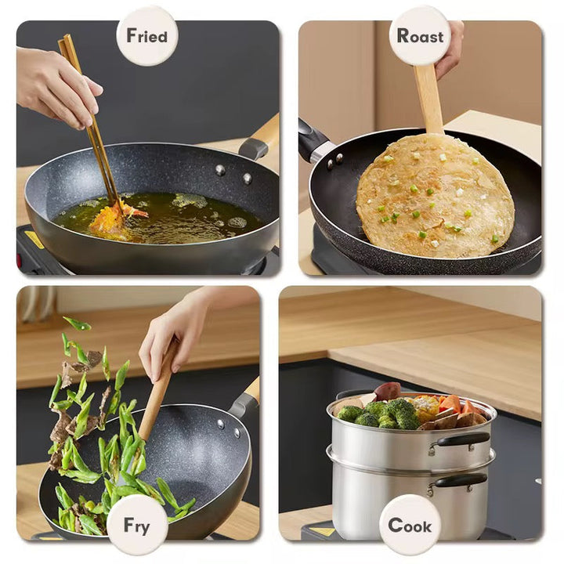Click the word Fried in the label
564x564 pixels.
pos(146,36)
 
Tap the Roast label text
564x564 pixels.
pos(420,36)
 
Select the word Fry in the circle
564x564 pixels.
pos(136,526)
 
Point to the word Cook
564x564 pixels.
pos(410,526)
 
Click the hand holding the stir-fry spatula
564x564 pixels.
pos(169,334)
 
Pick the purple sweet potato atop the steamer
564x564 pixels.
pos(388,391)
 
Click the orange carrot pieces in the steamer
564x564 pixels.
pos(454,406)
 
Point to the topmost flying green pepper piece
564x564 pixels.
pos(77,324)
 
